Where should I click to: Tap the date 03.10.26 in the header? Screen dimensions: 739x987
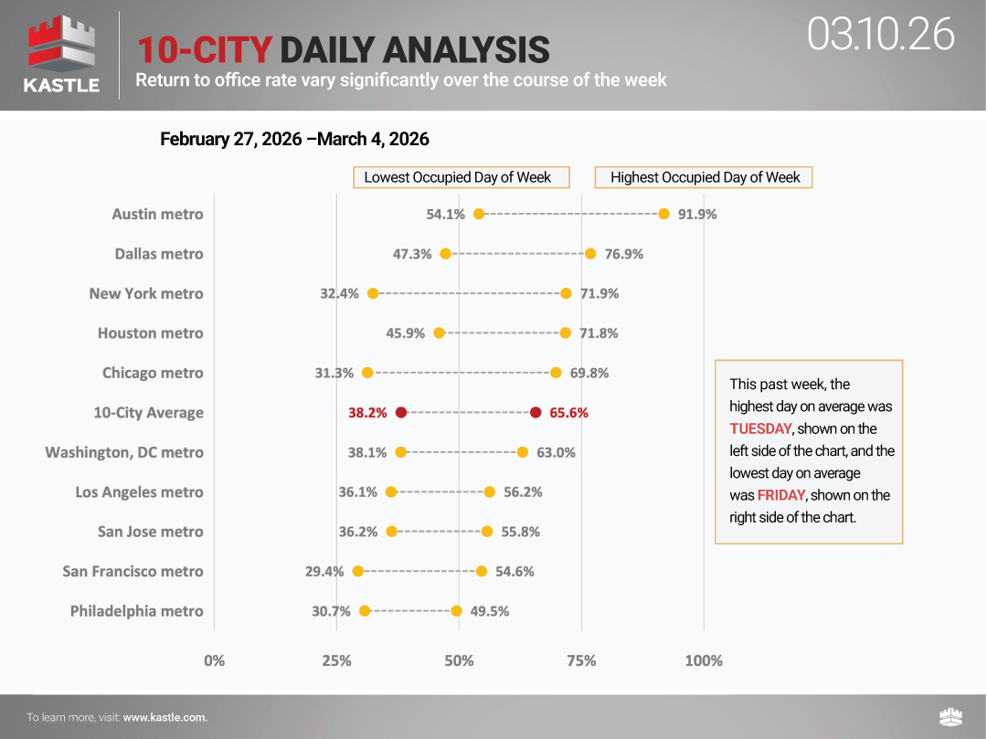tap(880, 35)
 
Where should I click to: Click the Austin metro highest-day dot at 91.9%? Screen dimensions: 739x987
tap(663, 214)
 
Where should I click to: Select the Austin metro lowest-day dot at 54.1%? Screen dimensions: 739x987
tap(479, 214)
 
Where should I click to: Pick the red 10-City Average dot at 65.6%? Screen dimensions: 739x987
tap(536, 412)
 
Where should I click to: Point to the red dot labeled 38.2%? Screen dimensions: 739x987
tap(401, 412)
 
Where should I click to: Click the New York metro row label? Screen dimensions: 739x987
tap(146, 293)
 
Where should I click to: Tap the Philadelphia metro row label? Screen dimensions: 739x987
tap(136, 611)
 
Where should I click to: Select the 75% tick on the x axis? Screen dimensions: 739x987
tap(581, 660)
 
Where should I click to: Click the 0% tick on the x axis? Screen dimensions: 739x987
tap(215, 660)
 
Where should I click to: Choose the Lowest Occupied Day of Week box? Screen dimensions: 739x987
tap(462, 177)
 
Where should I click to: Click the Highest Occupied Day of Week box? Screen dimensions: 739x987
tap(704, 177)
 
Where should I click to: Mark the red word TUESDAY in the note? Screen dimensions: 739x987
tap(760, 428)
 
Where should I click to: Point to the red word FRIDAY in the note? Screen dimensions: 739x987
tap(781, 495)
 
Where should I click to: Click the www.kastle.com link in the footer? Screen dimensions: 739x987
tap(164, 717)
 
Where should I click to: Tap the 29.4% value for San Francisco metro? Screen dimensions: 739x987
tap(324, 572)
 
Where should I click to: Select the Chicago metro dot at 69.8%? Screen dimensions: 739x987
tap(556, 373)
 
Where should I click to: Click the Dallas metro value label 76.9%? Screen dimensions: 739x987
tap(624, 254)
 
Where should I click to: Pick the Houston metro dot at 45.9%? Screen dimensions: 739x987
tap(440, 333)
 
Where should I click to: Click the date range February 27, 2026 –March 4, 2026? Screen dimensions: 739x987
tap(294, 140)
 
